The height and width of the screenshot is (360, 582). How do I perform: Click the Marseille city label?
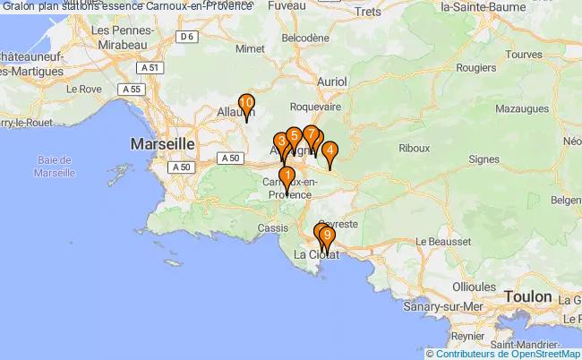coord(162,143)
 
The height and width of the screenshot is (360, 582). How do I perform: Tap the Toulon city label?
coord(527,296)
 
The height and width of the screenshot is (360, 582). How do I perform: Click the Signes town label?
coord(484,159)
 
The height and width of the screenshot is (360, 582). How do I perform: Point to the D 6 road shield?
coord(186,37)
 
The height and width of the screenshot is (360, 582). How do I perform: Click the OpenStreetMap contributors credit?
coord(503,353)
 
